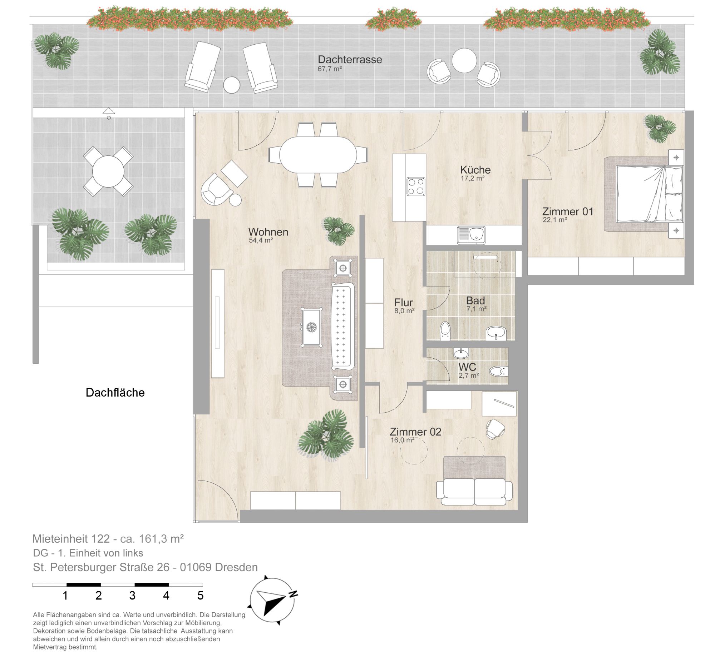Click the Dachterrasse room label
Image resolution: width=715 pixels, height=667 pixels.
pyautogui.click(x=350, y=59)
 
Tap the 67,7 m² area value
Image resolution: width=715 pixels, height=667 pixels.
pyautogui.click(x=330, y=69)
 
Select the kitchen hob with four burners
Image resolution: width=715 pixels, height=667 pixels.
pyautogui.click(x=416, y=186)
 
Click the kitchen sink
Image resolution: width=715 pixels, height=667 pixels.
pyautogui.click(x=471, y=235)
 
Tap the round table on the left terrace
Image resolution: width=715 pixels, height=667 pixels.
pyautogui.click(x=108, y=171)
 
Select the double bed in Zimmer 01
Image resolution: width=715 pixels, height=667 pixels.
pyautogui.click(x=643, y=194)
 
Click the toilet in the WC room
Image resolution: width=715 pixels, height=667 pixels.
pyautogui.click(x=499, y=371)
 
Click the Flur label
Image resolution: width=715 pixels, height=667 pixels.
pyautogui.click(x=403, y=302)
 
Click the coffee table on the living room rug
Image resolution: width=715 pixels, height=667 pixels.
pyautogui.click(x=311, y=327)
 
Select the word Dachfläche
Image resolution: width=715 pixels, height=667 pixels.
pyautogui.click(x=115, y=392)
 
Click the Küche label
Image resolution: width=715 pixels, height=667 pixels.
pyautogui.click(x=475, y=170)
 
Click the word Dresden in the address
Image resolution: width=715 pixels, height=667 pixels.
pyautogui.click(x=236, y=567)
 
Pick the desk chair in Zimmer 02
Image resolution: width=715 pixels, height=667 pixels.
pyautogui.click(x=495, y=429)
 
